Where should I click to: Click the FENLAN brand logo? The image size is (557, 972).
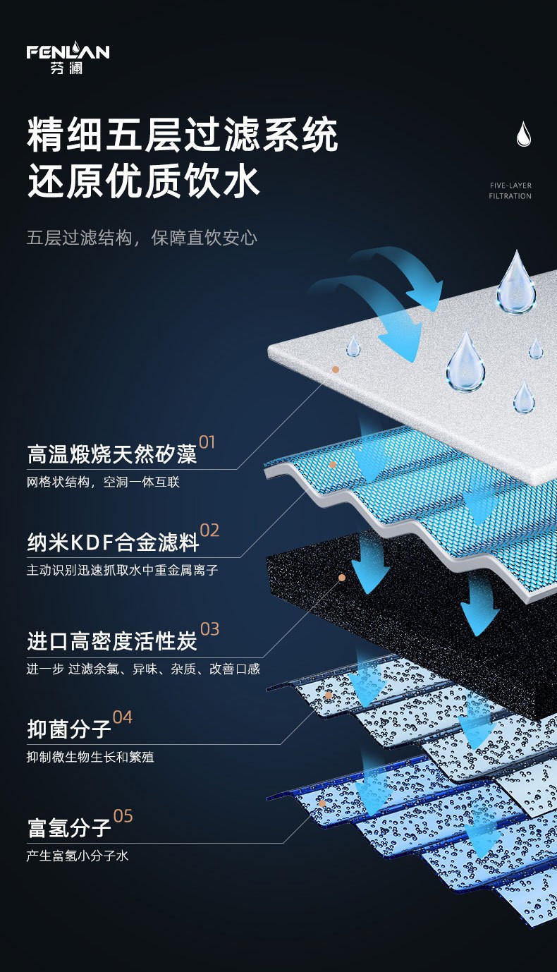click(x=68, y=58)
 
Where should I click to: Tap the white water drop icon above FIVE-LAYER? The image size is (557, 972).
click(x=523, y=134)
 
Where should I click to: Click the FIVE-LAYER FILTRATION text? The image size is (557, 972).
click(x=510, y=190)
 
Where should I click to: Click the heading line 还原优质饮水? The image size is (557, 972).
click(x=144, y=181)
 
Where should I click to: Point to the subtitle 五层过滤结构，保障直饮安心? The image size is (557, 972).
click(x=142, y=237)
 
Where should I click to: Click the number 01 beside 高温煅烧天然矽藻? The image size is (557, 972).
click(x=207, y=443)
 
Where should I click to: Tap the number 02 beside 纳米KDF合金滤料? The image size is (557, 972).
click(x=209, y=530)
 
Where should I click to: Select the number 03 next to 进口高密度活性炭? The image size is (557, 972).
click(x=209, y=629)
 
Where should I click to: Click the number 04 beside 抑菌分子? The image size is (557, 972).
click(x=122, y=717)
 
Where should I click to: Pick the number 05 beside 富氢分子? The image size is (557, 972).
click(x=123, y=816)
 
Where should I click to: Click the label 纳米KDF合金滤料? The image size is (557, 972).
click(x=113, y=543)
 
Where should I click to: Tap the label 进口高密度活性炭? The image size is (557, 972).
click(x=112, y=642)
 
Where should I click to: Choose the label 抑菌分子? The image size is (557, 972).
click(x=69, y=729)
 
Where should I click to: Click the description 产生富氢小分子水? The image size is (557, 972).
click(x=78, y=856)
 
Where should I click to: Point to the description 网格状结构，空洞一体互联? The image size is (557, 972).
click(x=103, y=482)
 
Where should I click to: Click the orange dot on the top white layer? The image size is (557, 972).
click(x=336, y=369)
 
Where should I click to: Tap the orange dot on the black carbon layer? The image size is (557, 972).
click(x=342, y=577)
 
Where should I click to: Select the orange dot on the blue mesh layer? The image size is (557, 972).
click(x=333, y=465)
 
